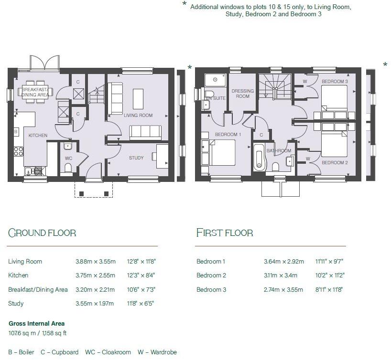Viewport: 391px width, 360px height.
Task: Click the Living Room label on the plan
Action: pyautogui.click(x=138, y=116)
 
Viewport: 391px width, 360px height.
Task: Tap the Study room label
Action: pyautogui.click(x=136, y=158)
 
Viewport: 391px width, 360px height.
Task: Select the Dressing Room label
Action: pyautogui.click(x=242, y=94)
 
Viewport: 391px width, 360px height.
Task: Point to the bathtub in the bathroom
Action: pyautogui.click(x=259, y=158)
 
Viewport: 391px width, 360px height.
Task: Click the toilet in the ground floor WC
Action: pyautogui.click(x=68, y=167)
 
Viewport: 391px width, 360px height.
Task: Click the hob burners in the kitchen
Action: pyautogui.click(x=19, y=151)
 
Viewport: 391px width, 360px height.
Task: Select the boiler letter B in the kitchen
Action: pyautogui.click(x=16, y=131)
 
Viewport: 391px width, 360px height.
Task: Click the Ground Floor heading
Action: pyautogui.click(x=42, y=233)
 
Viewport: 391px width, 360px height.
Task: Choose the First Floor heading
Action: pyautogui.click(x=225, y=233)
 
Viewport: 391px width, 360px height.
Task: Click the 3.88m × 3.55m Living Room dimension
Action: pyautogui.click(x=96, y=261)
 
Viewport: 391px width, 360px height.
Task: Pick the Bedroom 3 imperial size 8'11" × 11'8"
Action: pyautogui.click(x=329, y=289)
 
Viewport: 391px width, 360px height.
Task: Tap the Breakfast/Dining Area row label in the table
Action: pyautogui.click(x=38, y=289)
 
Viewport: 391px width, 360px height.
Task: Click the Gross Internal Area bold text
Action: pyautogui.click(x=36, y=324)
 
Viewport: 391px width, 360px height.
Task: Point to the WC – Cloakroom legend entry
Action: pyautogui.click(x=108, y=352)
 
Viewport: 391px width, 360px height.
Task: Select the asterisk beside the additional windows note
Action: pyautogui.click(x=185, y=4)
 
